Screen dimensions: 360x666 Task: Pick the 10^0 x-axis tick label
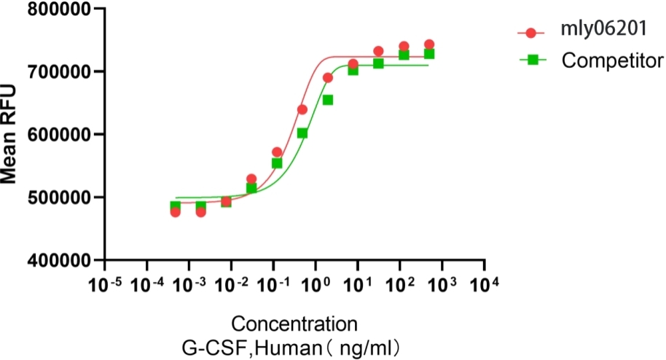coord(315,283)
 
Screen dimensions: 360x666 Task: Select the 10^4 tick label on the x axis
coord(485,283)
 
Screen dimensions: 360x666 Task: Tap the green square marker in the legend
coord(532,60)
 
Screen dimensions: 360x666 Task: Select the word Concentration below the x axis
coord(294,323)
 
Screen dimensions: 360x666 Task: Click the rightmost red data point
coord(429,44)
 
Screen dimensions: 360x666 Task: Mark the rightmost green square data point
coord(429,54)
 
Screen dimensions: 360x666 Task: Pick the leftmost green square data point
coord(176,206)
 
